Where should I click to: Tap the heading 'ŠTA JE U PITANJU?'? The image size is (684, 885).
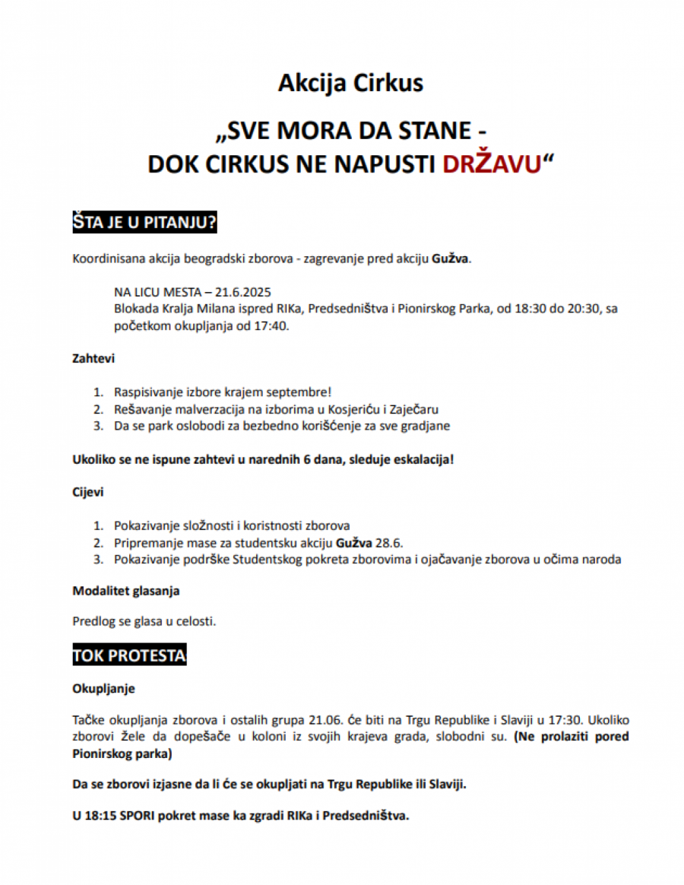click(145, 222)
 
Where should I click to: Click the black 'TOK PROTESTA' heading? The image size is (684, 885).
click(129, 655)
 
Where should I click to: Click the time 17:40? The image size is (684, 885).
click(273, 326)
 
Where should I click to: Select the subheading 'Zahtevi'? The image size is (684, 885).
click(93, 357)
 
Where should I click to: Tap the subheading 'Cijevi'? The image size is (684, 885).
click(88, 491)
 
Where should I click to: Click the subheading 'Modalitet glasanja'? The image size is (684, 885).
click(125, 590)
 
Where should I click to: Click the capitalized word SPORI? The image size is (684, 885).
click(140, 816)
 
